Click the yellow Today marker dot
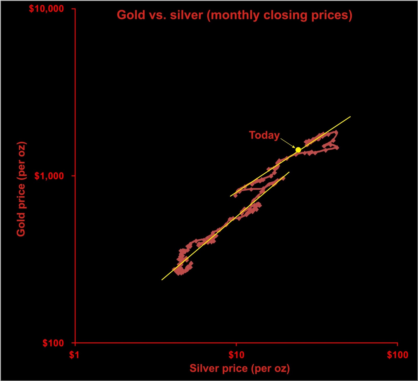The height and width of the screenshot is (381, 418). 298,150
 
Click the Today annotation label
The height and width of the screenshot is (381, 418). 264,135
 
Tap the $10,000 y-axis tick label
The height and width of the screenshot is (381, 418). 46,9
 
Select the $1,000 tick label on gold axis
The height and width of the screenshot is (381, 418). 49,176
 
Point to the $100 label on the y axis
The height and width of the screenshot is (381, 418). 53,343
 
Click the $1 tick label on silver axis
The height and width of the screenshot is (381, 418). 74,355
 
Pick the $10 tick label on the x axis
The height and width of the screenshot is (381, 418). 236,355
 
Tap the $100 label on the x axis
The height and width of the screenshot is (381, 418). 397,355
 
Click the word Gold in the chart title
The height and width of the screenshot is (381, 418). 131,15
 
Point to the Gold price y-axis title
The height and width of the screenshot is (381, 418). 21,189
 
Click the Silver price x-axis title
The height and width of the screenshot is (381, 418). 240,368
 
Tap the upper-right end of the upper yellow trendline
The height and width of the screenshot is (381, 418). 350,117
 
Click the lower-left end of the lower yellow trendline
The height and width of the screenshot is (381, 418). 162,280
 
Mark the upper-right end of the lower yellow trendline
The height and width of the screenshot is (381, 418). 289,172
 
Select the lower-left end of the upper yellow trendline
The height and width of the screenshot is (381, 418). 230,196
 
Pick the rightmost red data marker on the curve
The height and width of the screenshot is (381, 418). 337,148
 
